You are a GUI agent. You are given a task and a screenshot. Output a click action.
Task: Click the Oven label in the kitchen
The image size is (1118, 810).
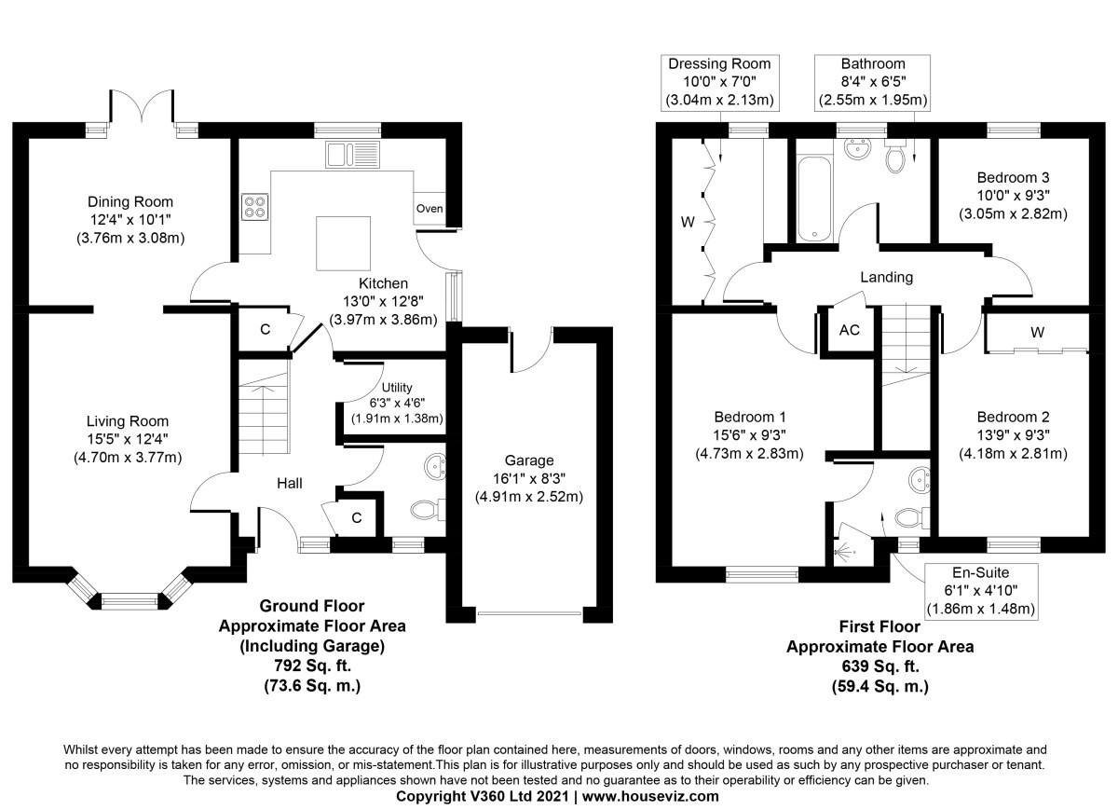(429, 208)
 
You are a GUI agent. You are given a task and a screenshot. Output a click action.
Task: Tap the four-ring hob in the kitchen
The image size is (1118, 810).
(254, 207)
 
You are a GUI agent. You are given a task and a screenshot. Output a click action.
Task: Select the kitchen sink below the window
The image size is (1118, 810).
(352, 155)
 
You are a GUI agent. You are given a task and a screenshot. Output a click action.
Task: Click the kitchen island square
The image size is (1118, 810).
(344, 243)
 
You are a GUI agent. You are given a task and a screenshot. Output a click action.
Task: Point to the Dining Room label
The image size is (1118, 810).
(130, 201)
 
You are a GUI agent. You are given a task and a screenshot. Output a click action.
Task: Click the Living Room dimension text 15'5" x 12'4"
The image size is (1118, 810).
(128, 439)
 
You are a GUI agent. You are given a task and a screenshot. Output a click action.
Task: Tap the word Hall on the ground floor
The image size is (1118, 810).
(290, 483)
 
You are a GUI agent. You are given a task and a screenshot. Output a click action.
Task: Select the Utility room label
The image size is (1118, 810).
(397, 388)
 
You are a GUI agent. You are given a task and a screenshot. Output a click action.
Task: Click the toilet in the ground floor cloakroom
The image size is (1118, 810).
(428, 510)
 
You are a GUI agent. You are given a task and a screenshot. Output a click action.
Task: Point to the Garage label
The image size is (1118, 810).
(529, 460)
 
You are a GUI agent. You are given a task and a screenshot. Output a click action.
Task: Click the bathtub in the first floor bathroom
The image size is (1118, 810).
(814, 199)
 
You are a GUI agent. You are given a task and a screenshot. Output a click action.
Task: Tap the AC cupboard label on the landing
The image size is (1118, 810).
(849, 330)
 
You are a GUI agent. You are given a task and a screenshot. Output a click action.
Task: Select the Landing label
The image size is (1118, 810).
(886, 277)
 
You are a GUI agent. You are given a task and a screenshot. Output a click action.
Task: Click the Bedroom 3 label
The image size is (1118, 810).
(1013, 177)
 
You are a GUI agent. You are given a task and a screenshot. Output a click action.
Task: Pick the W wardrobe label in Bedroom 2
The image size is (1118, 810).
(1037, 332)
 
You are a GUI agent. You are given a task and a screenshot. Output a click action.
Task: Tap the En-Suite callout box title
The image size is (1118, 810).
(981, 572)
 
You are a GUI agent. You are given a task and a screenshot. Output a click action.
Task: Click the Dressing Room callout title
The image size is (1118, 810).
(719, 64)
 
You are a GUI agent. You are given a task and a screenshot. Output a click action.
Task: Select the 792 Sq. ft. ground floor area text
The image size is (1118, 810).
(312, 666)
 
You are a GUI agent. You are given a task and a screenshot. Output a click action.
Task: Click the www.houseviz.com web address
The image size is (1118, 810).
(650, 796)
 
